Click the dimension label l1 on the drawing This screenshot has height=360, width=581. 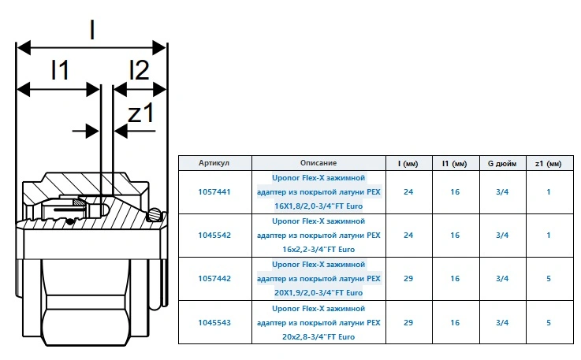[x=60, y=69]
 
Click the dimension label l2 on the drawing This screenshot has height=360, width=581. [x=140, y=69]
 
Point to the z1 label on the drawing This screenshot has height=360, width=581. [x=141, y=113]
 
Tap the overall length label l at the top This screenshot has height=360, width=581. [x=92, y=30]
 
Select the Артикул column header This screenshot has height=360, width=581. [x=214, y=163]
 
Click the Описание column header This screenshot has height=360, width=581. [x=318, y=163]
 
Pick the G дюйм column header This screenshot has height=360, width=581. [x=502, y=163]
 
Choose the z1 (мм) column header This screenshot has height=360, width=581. [x=549, y=163]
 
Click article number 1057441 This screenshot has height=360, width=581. [x=214, y=192]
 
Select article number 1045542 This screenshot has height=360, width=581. [x=214, y=236]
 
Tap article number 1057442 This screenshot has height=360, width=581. [x=214, y=279]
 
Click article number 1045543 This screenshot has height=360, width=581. [x=214, y=323]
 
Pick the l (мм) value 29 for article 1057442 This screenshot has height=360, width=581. [x=408, y=279]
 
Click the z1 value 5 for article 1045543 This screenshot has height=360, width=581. [x=549, y=323]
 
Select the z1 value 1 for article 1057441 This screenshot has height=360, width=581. [x=549, y=192]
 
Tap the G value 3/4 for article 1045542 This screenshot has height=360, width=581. [x=502, y=236]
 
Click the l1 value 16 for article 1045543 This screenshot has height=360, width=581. [x=455, y=323]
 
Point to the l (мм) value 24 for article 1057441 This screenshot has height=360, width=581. [x=408, y=192]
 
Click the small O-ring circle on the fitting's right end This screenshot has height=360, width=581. [x=155, y=213]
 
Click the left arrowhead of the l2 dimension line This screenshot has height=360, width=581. [x=120, y=89]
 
